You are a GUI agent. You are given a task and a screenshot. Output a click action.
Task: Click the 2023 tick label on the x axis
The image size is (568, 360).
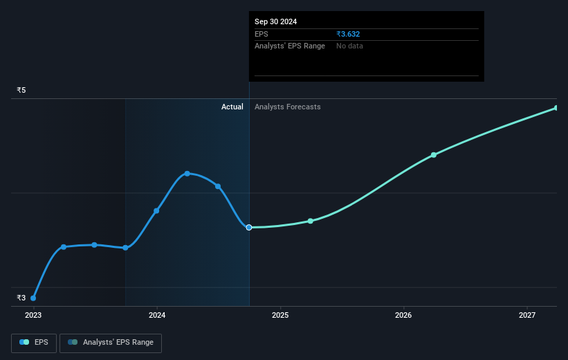tap(33, 315)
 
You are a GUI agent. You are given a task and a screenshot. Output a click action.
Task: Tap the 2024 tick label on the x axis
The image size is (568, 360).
tap(157, 315)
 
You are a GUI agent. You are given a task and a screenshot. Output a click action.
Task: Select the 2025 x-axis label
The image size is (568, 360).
tap(280, 315)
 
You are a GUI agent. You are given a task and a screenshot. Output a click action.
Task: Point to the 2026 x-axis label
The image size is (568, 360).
tap(403, 315)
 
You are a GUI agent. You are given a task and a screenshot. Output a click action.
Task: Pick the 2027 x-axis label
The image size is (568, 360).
tap(527, 315)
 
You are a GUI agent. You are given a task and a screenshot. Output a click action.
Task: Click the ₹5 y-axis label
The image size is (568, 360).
tap(21, 90)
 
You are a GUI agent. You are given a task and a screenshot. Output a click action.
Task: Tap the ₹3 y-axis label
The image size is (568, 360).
tap(21, 298)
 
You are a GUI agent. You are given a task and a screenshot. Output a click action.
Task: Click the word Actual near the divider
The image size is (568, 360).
tap(232, 107)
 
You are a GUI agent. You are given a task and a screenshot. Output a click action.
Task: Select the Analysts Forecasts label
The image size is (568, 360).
tap(288, 107)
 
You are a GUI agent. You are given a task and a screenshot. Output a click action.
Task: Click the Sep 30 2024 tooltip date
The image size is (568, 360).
tap(275, 21)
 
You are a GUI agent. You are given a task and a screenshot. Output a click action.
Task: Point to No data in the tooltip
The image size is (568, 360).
tap(349, 46)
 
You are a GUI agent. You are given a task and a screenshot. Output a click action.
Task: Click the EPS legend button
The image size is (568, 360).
tap(34, 343)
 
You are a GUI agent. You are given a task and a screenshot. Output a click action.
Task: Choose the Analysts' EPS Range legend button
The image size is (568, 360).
tap(111, 343)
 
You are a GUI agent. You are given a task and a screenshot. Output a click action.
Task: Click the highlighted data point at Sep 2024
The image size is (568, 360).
tap(249, 227)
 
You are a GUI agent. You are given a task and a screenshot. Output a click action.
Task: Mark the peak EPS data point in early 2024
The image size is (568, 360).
tap(187, 173)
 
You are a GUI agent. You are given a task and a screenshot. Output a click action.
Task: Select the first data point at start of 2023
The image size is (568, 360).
tap(33, 298)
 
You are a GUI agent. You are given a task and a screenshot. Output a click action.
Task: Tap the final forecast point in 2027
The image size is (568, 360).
tap(556, 108)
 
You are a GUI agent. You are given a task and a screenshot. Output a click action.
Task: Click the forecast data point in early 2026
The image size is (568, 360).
tap(434, 154)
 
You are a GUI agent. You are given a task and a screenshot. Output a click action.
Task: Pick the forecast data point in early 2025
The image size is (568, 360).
tap(311, 221)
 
